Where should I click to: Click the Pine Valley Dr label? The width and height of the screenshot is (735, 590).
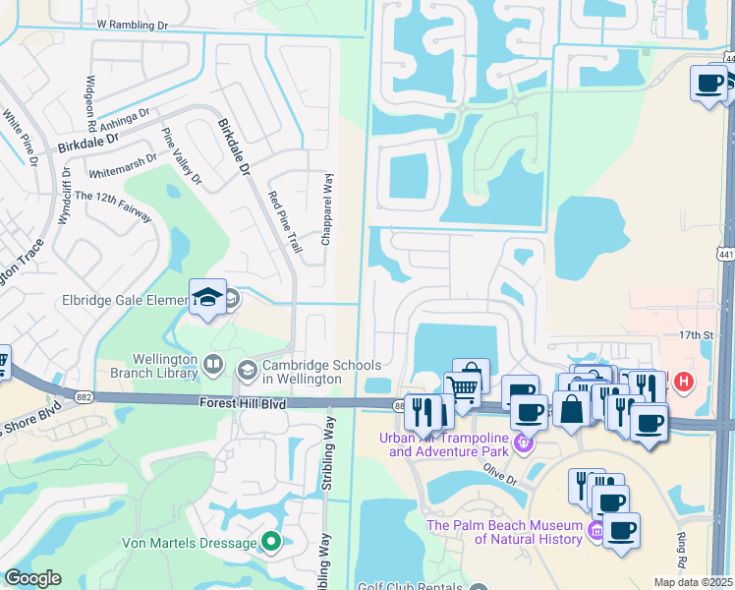181,156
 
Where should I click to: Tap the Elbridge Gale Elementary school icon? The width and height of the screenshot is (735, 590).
208,297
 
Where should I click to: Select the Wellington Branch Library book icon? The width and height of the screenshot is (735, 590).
212,367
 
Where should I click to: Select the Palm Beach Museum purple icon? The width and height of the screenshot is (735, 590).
594,532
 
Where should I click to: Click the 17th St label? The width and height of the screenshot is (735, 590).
697,335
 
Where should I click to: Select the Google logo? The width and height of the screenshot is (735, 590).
33,577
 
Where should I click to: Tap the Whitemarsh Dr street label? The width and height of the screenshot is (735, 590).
123,165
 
